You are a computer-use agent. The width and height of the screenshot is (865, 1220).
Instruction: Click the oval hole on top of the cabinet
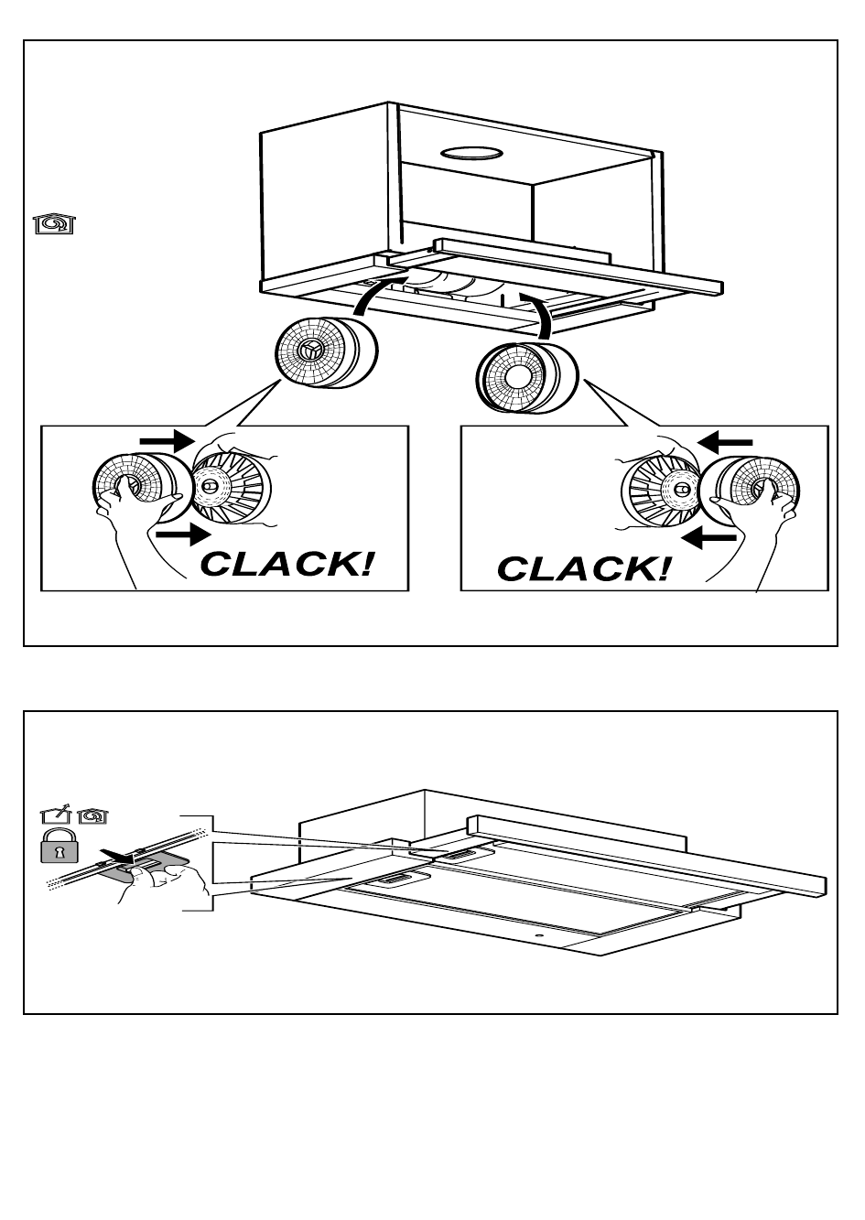pyautogui.click(x=470, y=153)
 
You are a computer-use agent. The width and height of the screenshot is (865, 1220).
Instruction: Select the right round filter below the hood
pyautogui.click(x=527, y=376)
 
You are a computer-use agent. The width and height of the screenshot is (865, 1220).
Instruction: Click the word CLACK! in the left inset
pyautogui.click(x=287, y=563)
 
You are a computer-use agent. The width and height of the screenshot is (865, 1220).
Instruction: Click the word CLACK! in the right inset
pyautogui.click(x=584, y=568)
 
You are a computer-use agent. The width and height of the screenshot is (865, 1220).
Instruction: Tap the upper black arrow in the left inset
pyautogui.click(x=166, y=441)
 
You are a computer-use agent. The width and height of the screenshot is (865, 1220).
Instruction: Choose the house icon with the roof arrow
pyautogui.click(x=55, y=814)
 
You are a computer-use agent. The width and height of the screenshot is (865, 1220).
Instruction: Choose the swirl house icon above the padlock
pyautogui.click(x=92, y=814)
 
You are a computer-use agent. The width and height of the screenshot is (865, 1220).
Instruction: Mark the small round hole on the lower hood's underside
pyautogui.click(x=536, y=936)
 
